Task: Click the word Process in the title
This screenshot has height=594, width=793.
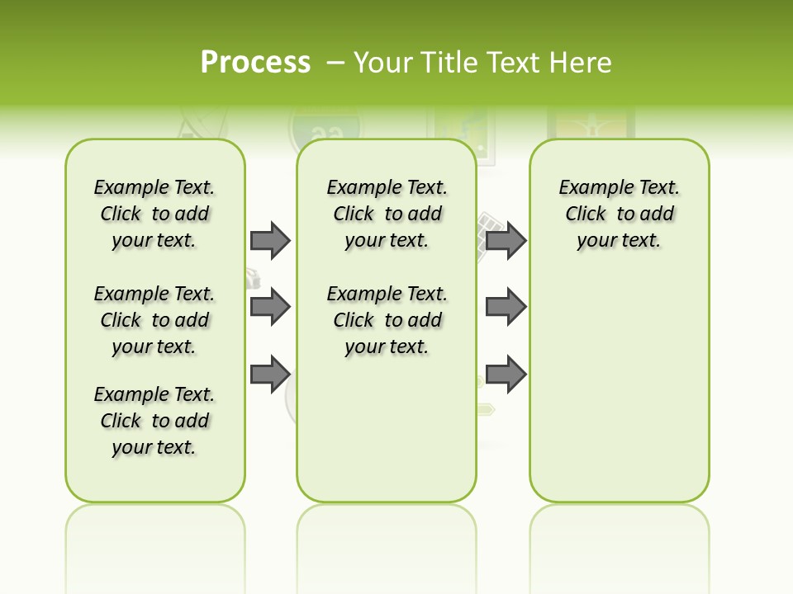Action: tap(255, 62)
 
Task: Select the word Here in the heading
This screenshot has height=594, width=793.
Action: tap(582, 63)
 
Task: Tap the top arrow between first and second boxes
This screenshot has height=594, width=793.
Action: tap(270, 240)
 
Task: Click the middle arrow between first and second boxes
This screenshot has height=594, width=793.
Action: tap(270, 307)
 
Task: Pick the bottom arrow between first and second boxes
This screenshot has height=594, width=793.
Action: tap(270, 374)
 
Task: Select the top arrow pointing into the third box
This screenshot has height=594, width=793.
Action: tap(506, 240)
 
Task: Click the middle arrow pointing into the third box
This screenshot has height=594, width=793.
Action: tap(506, 307)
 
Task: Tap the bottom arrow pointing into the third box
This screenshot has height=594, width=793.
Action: tap(506, 374)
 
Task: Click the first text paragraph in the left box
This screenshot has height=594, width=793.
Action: tap(154, 214)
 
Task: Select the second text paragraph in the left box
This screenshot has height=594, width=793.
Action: tap(154, 320)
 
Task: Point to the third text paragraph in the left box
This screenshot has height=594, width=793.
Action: tap(154, 421)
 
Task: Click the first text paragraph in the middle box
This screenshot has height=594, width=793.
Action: tap(387, 214)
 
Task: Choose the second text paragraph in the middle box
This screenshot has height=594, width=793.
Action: tap(387, 320)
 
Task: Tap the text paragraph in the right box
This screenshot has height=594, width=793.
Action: tap(620, 214)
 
